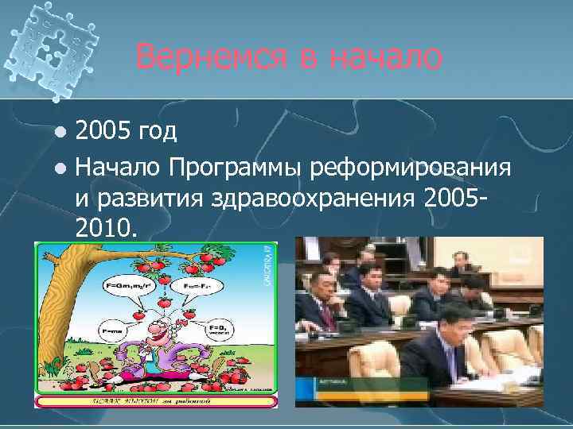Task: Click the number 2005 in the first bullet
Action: point(103,130)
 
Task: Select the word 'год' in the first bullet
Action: point(158,130)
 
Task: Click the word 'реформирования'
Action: point(410,168)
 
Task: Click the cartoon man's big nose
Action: point(162,342)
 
